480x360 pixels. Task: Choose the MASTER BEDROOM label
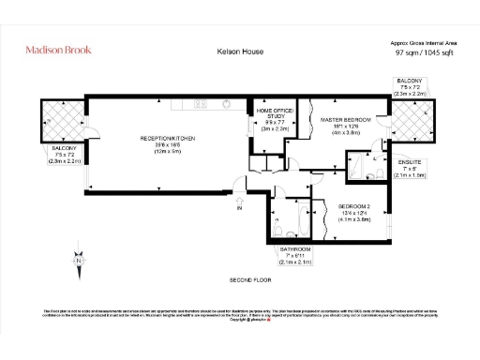[346, 122]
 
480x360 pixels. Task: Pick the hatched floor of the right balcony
[409, 121]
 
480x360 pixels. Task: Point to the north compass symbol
[81, 252]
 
